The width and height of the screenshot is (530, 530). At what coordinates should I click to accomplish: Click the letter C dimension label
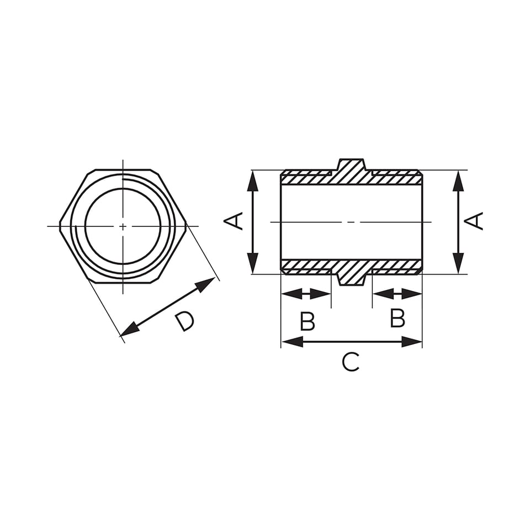point(351,362)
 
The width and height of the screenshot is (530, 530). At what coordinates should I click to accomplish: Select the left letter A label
point(234,221)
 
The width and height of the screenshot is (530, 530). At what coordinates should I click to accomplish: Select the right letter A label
point(474,221)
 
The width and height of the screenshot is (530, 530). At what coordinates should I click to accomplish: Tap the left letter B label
point(308,321)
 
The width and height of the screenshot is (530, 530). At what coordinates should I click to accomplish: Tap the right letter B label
point(397,318)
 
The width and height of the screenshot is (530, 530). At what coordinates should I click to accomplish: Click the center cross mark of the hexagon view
point(123,226)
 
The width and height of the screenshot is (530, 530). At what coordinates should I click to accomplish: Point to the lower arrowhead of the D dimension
point(129,329)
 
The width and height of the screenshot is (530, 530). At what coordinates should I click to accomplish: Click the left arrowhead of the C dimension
point(292,342)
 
